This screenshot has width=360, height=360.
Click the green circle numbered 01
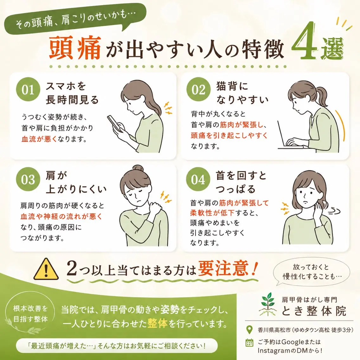pyautogui.click(x=28, y=89)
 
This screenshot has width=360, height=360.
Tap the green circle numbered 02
pyautogui.click(x=198, y=89)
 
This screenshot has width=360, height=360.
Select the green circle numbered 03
pyautogui.click(x=28, y=179)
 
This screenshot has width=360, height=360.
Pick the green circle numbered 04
pyautogui.click(x=198, y=179)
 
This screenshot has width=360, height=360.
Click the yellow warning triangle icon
pyautogui.click(x=46, y=269)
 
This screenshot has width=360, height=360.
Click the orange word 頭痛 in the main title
pyautogui.click(x=75, y=48)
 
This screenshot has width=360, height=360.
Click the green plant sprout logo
pyautogui.click(x=268, y=304)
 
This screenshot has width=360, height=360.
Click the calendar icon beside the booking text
pyautogui.click(x=249, y=343)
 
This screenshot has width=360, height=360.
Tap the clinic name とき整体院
pyautogui.click(x=314, y=311)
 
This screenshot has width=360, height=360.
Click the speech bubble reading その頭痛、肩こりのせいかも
pyautogui.click(x=75, y=20)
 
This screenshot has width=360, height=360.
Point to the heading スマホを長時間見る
pyautogui.click(x=72, y=93)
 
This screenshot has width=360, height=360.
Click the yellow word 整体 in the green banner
pyautogui.click(x=157, y=324)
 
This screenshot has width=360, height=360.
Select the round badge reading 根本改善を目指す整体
pyautogui.click(x=30, y=314)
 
